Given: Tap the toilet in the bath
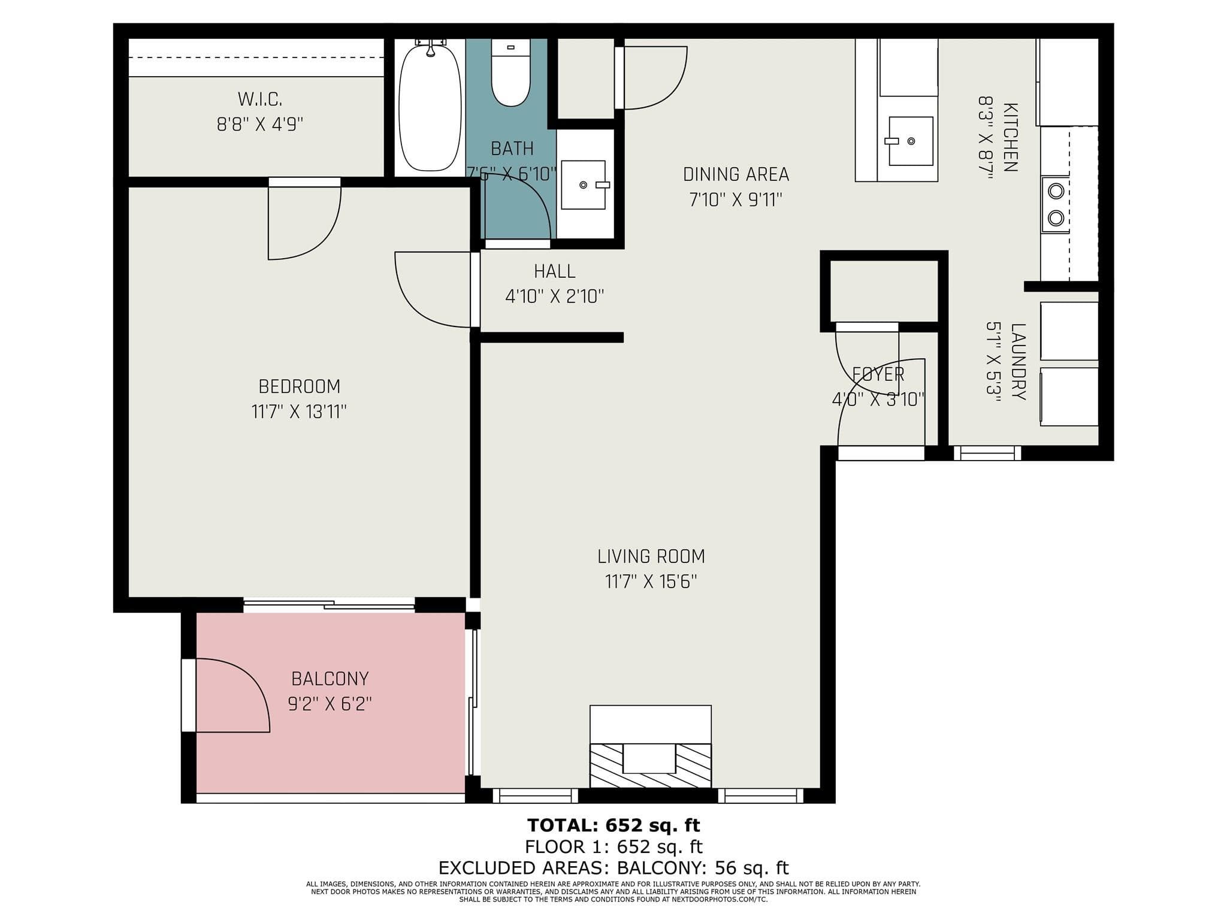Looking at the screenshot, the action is coord(510,72).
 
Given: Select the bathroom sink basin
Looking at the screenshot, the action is coord(584,184).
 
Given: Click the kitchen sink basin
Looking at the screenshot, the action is coord(911,141).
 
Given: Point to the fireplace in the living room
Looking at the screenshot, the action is coord(651,747).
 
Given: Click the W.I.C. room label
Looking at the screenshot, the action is coord(260,99).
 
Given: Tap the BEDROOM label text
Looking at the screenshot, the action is coord(300,386).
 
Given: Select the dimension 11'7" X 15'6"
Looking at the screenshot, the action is coord(651,582).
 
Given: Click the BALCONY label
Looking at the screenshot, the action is coord(330,679).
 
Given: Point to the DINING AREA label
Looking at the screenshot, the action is coord(736,174).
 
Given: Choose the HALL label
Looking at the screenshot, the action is coord(555,271).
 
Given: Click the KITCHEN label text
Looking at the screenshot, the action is coord(1010,138).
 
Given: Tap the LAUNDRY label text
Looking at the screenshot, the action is coord(1018,362).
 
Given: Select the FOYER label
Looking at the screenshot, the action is coord(878,374).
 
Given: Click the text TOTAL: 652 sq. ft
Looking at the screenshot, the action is coord(613,825).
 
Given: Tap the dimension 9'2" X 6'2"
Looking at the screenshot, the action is coord(330,704).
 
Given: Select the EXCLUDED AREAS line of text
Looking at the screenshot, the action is coord(613,868).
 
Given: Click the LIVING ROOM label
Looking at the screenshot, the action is coord(651,556).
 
